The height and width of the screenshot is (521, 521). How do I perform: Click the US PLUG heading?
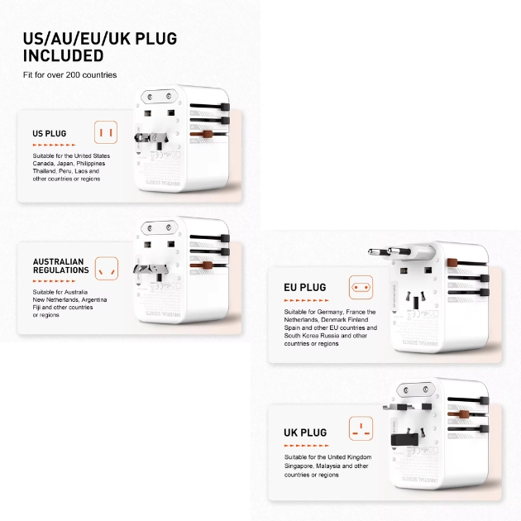tap(50, 133)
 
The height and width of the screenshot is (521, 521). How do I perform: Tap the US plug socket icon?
tap(105, 132)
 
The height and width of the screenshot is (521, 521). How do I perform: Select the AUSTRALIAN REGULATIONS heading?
tap(60, 265)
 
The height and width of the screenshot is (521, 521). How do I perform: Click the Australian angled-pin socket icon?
tap(105, 267)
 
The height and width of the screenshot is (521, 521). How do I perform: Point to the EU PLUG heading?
tap(305, 287)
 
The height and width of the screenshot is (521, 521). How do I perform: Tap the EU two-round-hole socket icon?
tap(361, 288)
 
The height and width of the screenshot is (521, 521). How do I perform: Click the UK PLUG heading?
tap(305, 433)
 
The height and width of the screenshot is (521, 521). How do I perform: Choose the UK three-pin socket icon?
tap(361, 430)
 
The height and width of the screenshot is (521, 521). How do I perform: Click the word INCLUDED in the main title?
tap(63, 56)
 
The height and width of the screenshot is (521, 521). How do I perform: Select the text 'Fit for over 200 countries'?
tap(69, 75)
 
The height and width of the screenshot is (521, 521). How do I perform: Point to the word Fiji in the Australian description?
tap(39, 307)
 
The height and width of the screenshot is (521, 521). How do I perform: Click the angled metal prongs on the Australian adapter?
tap(153, 271)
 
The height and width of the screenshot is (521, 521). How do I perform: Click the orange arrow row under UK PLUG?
tap(307, 445)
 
